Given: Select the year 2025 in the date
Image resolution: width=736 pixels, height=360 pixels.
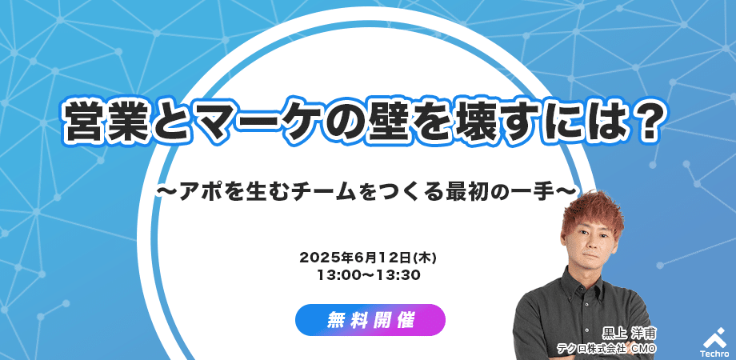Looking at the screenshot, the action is tap(316, 258).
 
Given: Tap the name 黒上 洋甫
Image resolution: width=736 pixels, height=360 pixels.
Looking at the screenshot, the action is tap(630, 334).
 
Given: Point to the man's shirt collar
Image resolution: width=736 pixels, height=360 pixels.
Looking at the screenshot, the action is tap(592, 280).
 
